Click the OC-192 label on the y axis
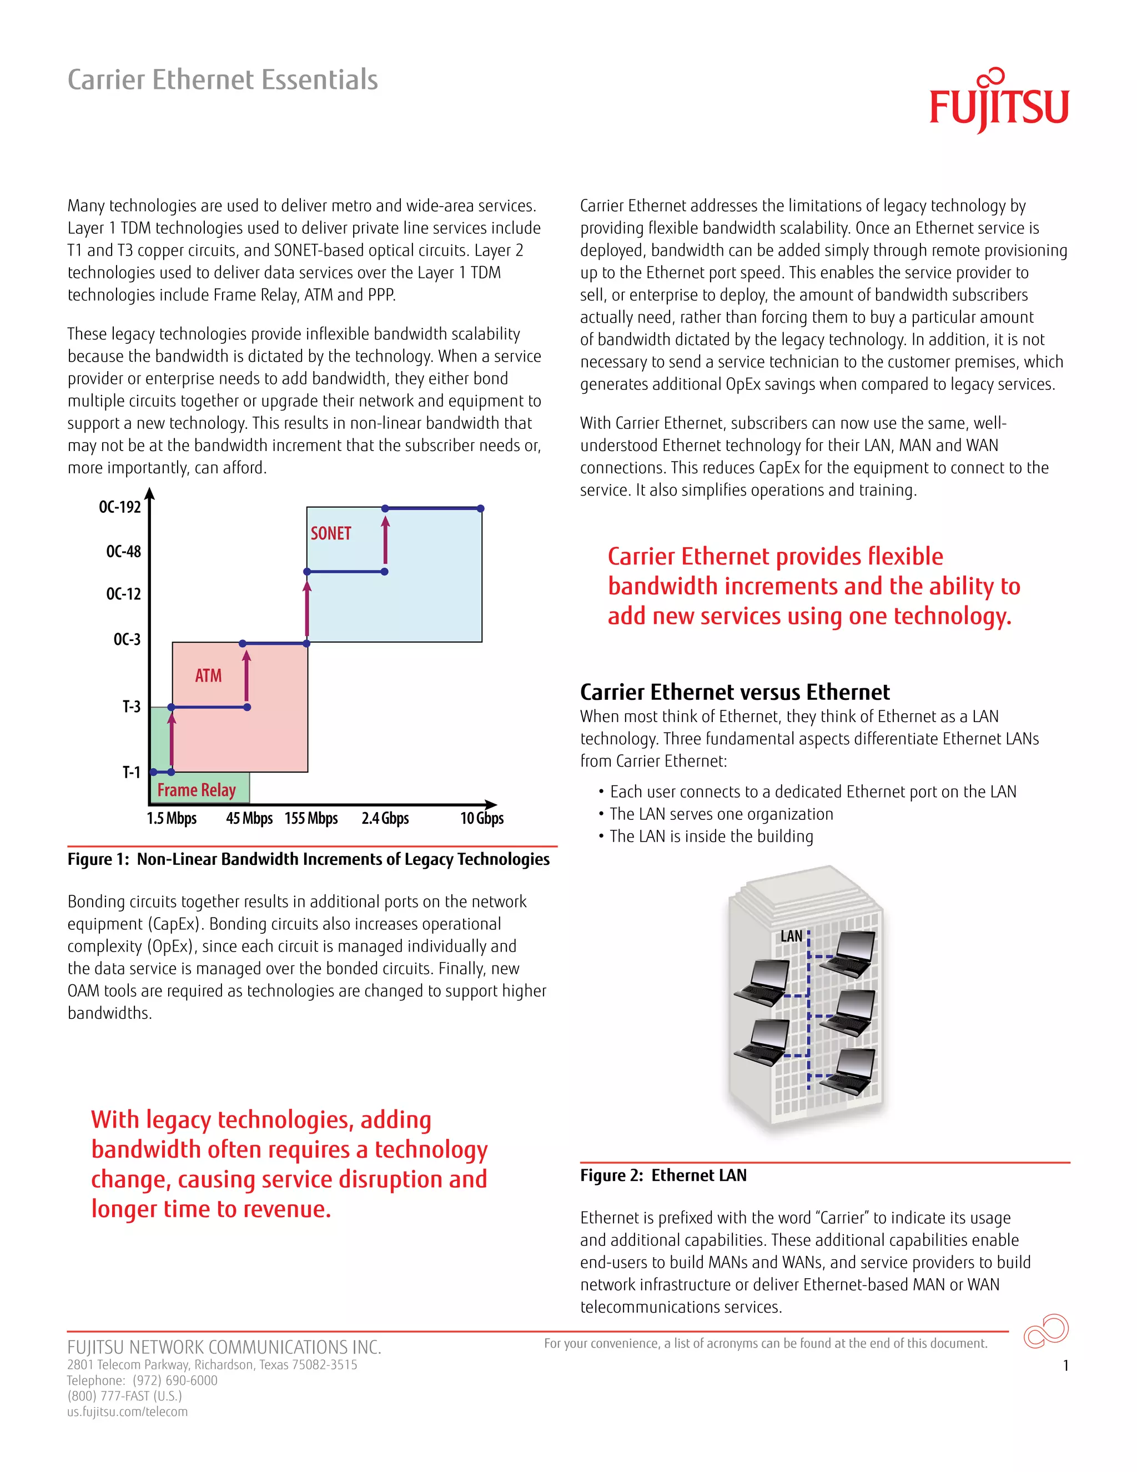click(x=120, y=507)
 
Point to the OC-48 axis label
click(x=123, y=552)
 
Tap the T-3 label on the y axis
click(x=132, y=707)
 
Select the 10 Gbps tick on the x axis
click(x=481, y=818)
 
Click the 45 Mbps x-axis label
click(x=249, y=818)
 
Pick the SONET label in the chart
click(x=331, y=533)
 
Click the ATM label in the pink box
click(x=208, y=675)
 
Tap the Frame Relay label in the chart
click(x=196, y=790)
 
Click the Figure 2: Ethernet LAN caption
click(x=663, y=1175)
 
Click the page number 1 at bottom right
click(x=1065, y=1365)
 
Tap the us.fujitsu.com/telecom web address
click(x=127, y=1411)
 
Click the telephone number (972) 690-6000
click(x=175, y=1380)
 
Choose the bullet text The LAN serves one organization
click(x=721, y=814)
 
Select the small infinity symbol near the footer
click(x=1045, y=1330)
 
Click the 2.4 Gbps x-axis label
click(x=385, y=818)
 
